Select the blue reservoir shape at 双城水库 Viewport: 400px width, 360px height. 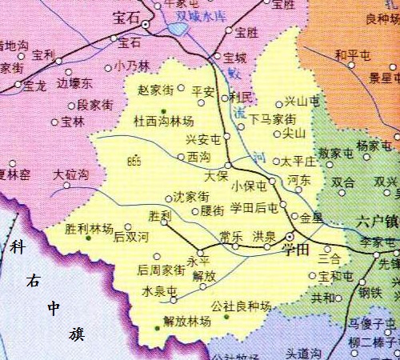point(179,31)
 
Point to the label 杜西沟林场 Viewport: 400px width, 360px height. point(164,121)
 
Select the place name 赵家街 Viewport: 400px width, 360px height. point(156,90)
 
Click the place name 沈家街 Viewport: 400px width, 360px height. point(192,196)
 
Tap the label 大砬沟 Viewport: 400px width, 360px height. point(71,174)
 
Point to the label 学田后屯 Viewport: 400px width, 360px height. point(254,208)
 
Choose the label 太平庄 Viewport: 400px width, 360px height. point(299,162)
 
